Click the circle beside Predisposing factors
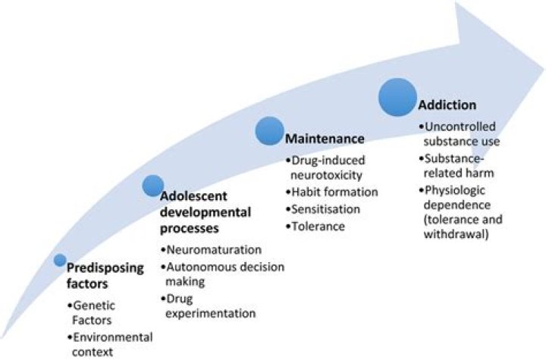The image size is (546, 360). click(x=60, y=261)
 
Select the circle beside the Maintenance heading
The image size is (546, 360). click(x=269, y=131)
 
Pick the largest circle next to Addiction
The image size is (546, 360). click(x=397, y=98)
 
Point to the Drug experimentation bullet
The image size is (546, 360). click(x=211, y=305)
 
